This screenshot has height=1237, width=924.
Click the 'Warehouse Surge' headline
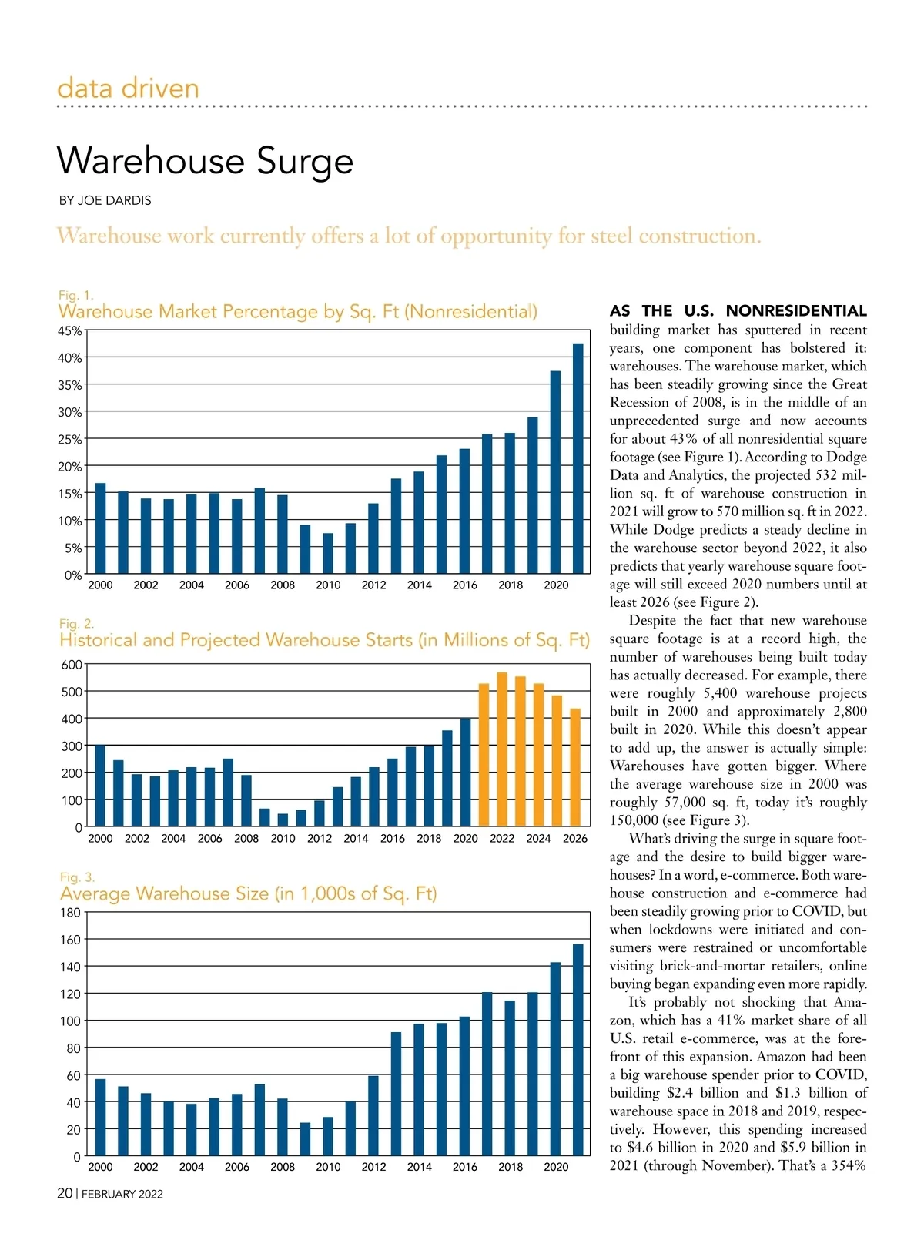point(205,161)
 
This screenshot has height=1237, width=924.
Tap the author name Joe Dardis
point(105,200)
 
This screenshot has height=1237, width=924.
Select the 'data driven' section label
point(128,88)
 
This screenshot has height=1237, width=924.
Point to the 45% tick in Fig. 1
point(69,330)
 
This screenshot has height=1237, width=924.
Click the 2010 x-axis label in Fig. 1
point(328,585)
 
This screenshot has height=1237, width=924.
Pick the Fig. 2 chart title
point(324,640)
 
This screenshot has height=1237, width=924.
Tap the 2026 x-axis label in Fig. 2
point(575,839)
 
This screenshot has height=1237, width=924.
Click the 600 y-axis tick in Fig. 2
point(72,665)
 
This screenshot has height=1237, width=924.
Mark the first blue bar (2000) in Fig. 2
point(100,786)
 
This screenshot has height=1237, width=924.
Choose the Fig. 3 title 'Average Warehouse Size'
point(248,893)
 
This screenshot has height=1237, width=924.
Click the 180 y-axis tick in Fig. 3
point(70,913)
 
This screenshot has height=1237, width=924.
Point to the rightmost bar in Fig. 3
point(578,1050)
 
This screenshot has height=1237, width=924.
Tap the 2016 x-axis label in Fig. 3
point(465,1167)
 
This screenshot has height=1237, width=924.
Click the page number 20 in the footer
point(65,1193)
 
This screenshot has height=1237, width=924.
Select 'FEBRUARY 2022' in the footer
point(122,1194)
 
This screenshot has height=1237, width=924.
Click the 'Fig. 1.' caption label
point(76,295)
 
